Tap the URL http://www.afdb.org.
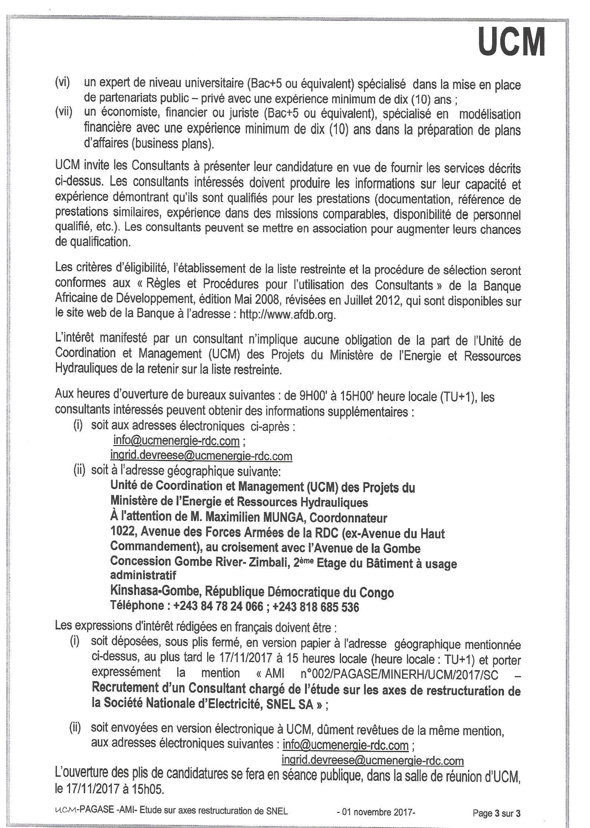[x=287, y=315]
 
